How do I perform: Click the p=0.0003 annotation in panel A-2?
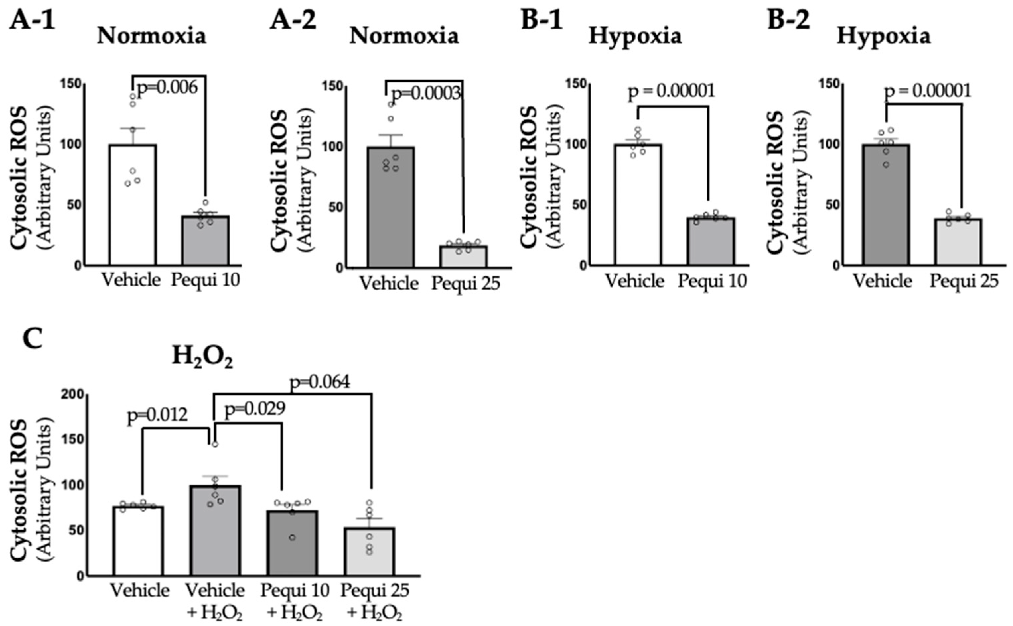tap(425, 94)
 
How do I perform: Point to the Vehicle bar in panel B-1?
tap(638, 205)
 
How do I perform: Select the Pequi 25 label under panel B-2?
tap(965, 281)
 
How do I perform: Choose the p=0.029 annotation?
tap(255, 409)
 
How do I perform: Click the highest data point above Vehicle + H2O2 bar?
tap(215, 444)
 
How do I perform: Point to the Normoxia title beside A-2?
tap(404, 37)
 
